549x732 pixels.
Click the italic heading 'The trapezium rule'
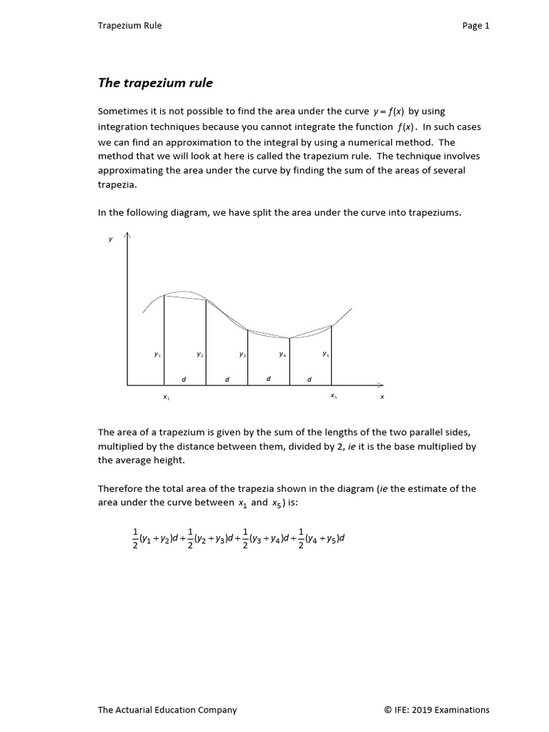155,83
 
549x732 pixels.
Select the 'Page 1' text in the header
475,26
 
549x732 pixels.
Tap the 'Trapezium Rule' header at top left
129,26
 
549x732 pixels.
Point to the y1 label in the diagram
157,355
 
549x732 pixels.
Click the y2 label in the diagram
200,355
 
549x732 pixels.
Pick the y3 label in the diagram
242,355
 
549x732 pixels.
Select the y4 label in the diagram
282,355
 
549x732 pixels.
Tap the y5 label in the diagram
325,354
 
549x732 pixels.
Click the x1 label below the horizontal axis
166,397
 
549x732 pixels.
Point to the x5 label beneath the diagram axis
334,396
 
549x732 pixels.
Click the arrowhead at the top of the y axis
127,234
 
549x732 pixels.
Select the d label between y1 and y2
184,380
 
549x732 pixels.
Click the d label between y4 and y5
310,380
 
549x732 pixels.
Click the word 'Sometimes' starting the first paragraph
122,112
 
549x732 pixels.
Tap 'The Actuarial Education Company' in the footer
167,710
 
